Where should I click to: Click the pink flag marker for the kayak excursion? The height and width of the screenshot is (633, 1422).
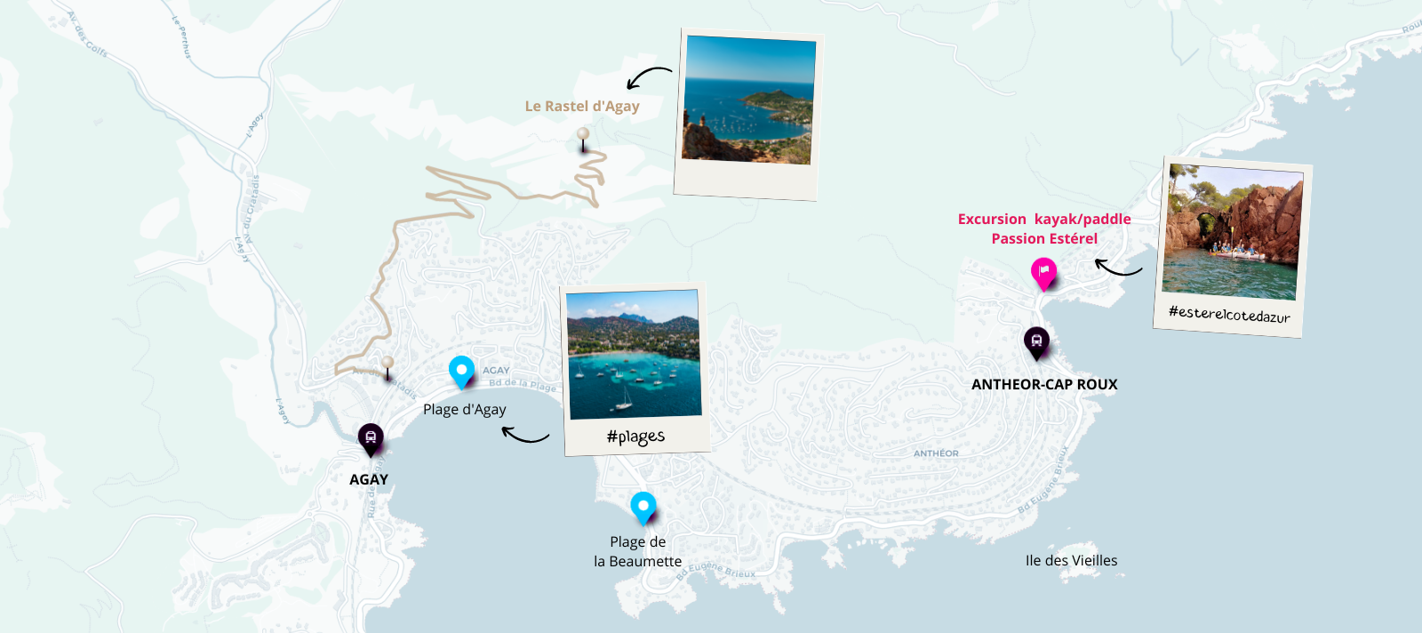1043,271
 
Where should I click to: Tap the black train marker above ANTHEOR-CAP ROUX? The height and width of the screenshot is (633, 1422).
1036,341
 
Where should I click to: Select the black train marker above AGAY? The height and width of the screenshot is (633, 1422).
371,437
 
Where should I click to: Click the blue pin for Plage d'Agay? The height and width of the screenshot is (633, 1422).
461,370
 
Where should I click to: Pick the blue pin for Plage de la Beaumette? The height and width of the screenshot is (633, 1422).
643,507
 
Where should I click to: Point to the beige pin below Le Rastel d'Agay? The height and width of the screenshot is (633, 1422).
583,136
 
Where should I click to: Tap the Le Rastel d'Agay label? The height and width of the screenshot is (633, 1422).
582,106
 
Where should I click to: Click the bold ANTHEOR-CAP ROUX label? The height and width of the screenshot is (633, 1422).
1044,384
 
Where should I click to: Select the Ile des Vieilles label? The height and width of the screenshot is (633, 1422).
1071,560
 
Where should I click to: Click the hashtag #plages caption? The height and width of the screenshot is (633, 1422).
635,437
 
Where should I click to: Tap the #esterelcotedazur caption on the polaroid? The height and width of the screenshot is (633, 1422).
1229,314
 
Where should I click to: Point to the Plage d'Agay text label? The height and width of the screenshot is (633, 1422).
464,409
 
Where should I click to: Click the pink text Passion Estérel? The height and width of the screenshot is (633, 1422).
1044,238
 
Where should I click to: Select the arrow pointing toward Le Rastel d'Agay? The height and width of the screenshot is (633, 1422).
649,76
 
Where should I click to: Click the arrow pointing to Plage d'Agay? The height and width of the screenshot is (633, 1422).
525,435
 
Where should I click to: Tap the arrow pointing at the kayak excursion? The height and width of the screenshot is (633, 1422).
1118,267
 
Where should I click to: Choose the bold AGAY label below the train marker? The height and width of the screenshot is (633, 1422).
369,479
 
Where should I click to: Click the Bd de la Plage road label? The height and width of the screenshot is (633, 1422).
523,385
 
